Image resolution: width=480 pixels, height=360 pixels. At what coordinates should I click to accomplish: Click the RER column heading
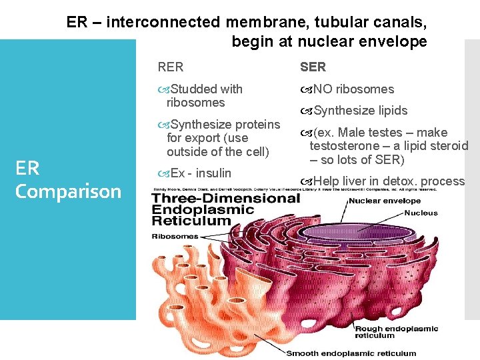170,67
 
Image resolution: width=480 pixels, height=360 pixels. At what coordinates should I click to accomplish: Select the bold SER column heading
313,67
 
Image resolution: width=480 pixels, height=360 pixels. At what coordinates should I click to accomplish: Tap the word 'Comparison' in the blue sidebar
68,191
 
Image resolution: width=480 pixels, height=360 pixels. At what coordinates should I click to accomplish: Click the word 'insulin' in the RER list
213,173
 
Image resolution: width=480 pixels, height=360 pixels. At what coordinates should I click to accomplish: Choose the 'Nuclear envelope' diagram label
385,201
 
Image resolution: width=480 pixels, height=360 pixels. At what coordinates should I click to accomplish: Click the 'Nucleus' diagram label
421,213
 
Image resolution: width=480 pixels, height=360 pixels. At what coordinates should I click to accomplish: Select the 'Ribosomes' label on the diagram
175,236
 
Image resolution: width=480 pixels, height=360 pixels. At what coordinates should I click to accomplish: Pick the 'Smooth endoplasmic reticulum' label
351,353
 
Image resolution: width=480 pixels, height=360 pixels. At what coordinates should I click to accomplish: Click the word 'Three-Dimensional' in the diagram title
226,199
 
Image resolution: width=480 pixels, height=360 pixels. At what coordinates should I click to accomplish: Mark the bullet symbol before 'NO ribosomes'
306,89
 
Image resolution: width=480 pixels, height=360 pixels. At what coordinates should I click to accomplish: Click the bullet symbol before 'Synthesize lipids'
306,111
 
